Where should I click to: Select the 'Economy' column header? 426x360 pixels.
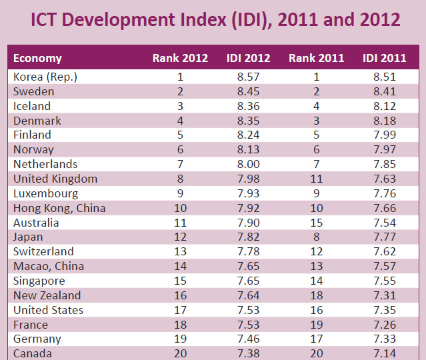click(37, 58)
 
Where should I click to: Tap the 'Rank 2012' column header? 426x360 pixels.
click(180, 58)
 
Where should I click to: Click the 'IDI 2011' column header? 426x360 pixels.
click(385, 58)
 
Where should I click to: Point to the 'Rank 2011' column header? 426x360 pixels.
click(316, 58)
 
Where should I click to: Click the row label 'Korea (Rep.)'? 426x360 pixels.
click(45, 77)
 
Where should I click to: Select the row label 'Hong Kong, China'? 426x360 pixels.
click(59, 208)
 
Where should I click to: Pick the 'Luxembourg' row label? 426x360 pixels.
click(45, 193)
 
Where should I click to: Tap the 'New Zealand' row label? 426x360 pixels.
click(47, 295)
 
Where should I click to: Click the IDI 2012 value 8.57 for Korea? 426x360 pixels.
click(248, 77)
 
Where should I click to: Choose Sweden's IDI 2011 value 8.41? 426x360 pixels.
click(385, 91)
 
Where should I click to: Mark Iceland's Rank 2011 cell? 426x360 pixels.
click(316, 106)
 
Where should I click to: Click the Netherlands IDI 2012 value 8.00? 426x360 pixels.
click(248, 164)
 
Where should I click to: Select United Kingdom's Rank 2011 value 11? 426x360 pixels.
click(316, 179)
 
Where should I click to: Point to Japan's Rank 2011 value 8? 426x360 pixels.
click(316, 237)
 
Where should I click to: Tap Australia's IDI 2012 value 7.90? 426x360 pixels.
click(248, 223)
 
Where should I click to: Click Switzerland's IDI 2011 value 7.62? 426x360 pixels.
click(385, 252)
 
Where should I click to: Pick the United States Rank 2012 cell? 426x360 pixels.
click(180, 310)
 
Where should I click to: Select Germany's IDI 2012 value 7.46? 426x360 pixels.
click(248, 339)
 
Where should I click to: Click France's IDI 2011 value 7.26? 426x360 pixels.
click(385, 325)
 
